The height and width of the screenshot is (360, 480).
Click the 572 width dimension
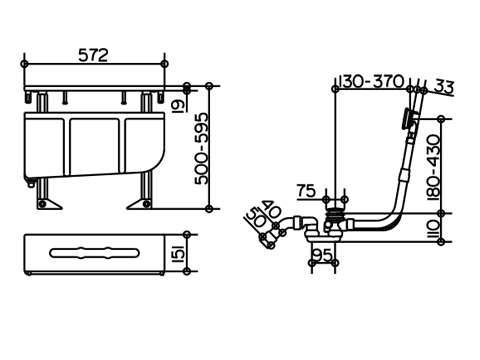coord(93,55)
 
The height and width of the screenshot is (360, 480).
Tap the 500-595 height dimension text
coord(203,149)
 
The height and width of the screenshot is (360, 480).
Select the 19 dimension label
coord(179,105)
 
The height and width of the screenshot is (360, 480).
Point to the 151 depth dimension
coord(178,253)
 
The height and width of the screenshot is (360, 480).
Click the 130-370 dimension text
coord(371,81)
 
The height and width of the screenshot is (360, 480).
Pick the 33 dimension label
coord(444,86)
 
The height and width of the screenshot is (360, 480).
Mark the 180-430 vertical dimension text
coord(434,167)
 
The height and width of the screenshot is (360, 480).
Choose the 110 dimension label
coord(433,228)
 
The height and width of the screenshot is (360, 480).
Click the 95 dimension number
coord(323,255)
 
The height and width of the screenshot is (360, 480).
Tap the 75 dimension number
coord(306,191)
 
